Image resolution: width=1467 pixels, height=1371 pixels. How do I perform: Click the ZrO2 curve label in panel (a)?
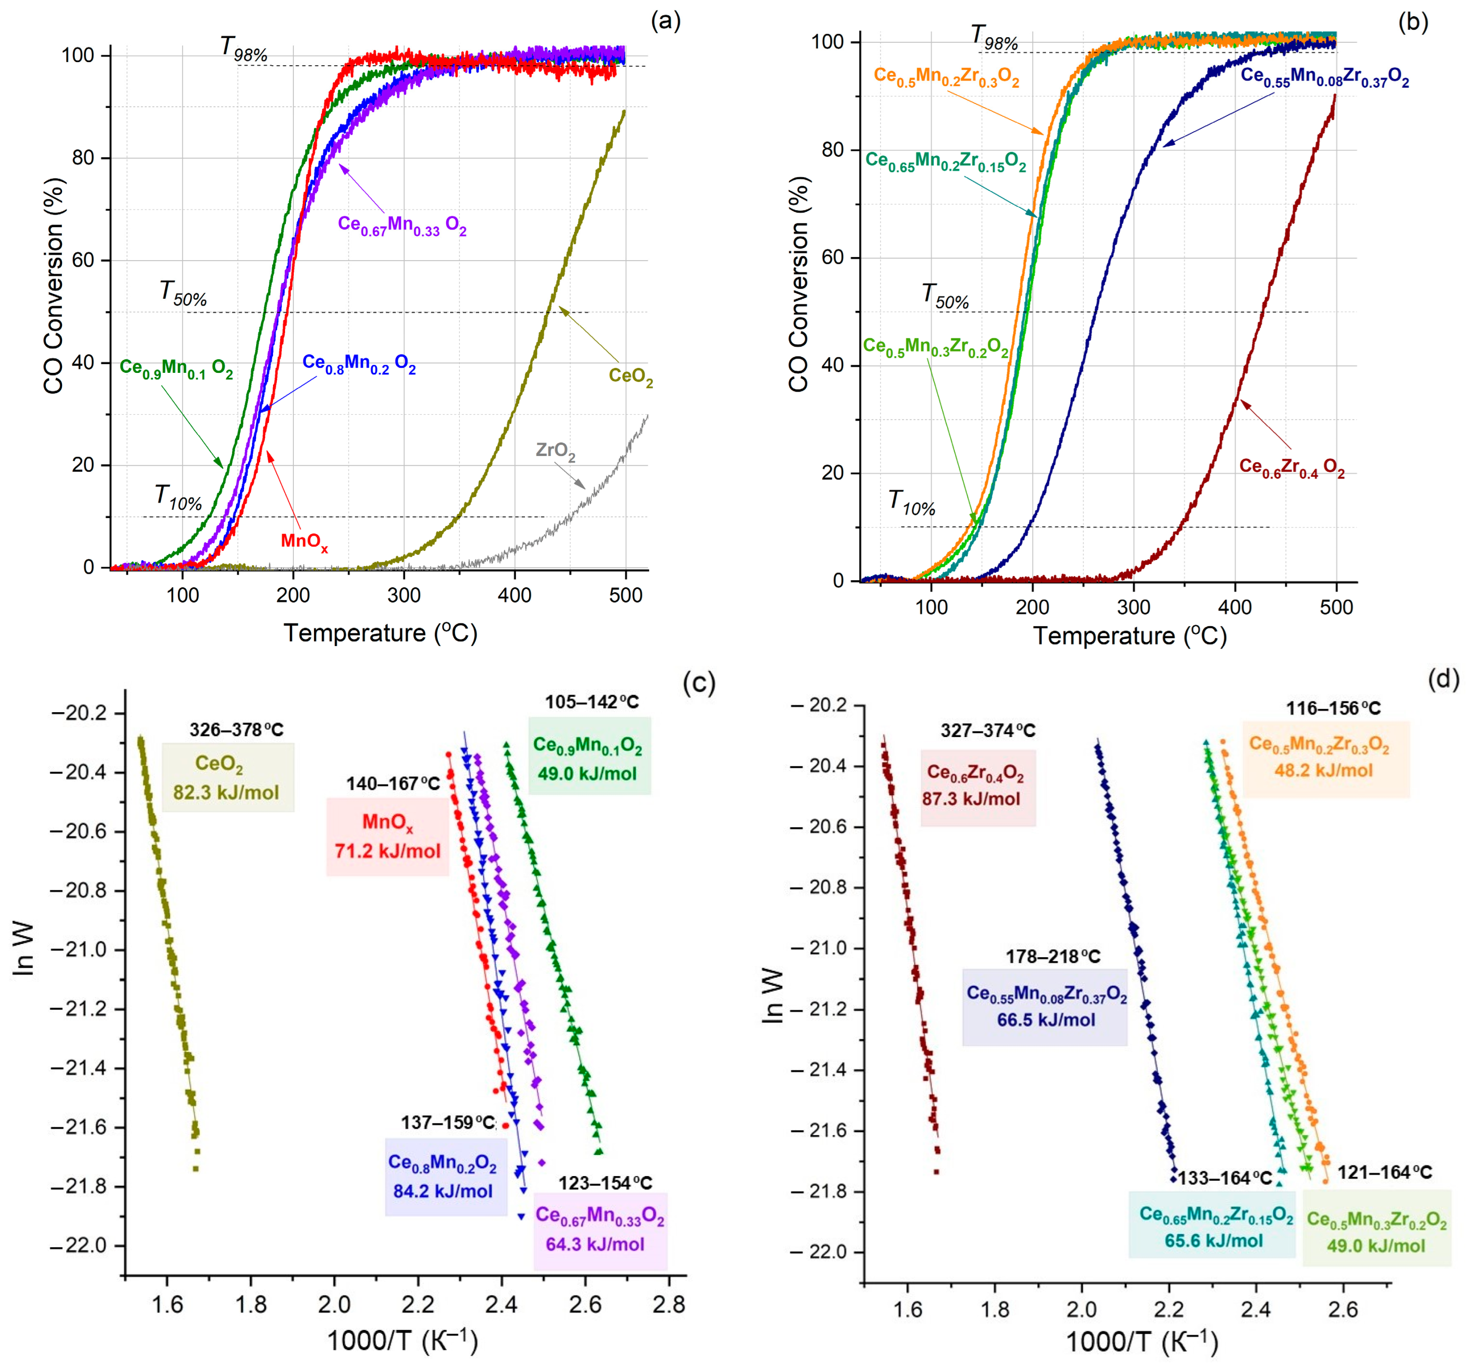click(x=555, y=451)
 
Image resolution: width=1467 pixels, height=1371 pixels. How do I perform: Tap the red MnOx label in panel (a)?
click(x=304, y=542)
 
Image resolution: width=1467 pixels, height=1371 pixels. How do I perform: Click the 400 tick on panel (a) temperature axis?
click(x=514, y=595)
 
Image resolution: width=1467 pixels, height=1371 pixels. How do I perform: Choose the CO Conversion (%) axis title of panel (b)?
click(x=799, y=284)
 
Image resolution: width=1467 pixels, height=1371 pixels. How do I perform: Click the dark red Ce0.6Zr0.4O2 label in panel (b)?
click(x=1291, y=468)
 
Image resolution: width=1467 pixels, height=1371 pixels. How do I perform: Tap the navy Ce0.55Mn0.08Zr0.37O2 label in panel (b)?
click(x=1324, y=77)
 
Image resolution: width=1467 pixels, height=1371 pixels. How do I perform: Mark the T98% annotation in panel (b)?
click(x=993, y=37)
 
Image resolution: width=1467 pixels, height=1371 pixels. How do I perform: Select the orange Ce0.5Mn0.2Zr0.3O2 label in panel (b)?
click(x=946, y=77)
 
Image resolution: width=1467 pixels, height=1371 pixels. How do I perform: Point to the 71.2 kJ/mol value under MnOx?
click(x=388, y=851)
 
